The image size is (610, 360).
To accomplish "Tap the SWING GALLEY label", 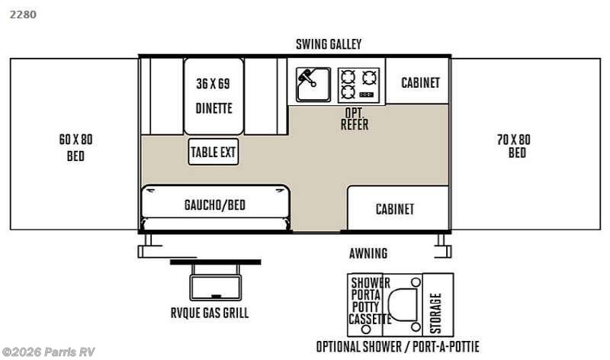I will [329, 44].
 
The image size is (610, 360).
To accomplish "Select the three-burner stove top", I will [358, 84].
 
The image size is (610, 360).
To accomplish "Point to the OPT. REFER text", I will [354, 119].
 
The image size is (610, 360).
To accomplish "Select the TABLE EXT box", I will [213, 152].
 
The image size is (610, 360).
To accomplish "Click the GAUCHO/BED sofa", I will [215, 204].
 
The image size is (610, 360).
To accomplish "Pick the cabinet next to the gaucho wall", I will [395, 208].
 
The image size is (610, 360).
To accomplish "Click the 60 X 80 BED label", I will [75, 147].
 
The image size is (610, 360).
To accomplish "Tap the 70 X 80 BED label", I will [516, 145].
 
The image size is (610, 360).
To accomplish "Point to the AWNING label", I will [368, 253].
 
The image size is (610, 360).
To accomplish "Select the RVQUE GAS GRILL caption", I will [210, 313].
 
